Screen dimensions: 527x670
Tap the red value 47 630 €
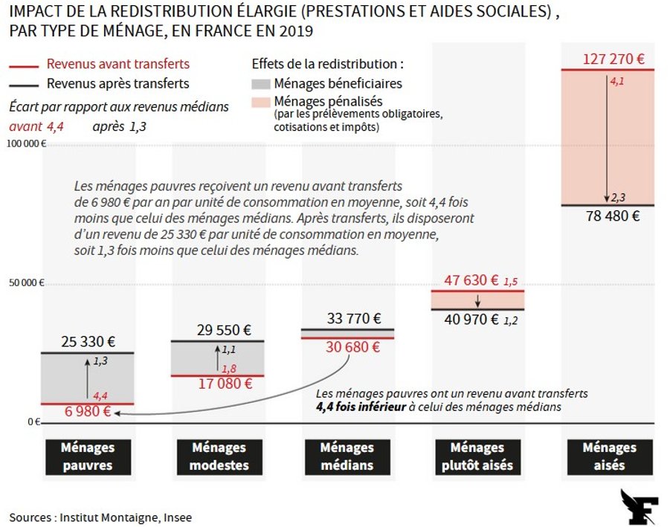[x=471, y=280]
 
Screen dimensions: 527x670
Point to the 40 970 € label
[x=471, y=320]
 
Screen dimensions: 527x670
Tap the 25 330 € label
[x=88, y=342]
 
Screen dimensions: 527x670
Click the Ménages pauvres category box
[x=88, y=457]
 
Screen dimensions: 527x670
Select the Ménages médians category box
[x=347, y=457]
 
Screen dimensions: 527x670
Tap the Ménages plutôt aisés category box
[x=477, y=457]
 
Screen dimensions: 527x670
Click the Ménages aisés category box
[x=610, y=457]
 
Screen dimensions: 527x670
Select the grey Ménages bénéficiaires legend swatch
[x=261, y=84]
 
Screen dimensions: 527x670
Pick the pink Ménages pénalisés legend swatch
[x=261, y=101]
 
